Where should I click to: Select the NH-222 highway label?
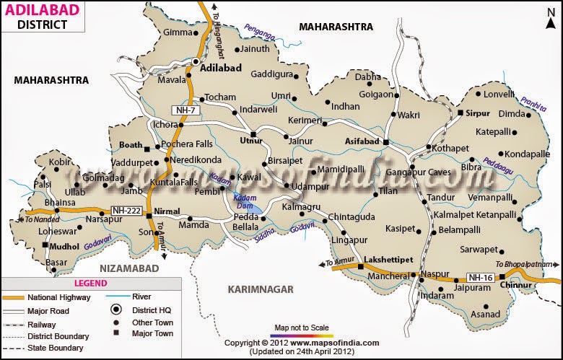(126, 211)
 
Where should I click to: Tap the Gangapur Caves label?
(422, 172)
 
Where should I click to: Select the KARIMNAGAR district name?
(261, 289)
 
